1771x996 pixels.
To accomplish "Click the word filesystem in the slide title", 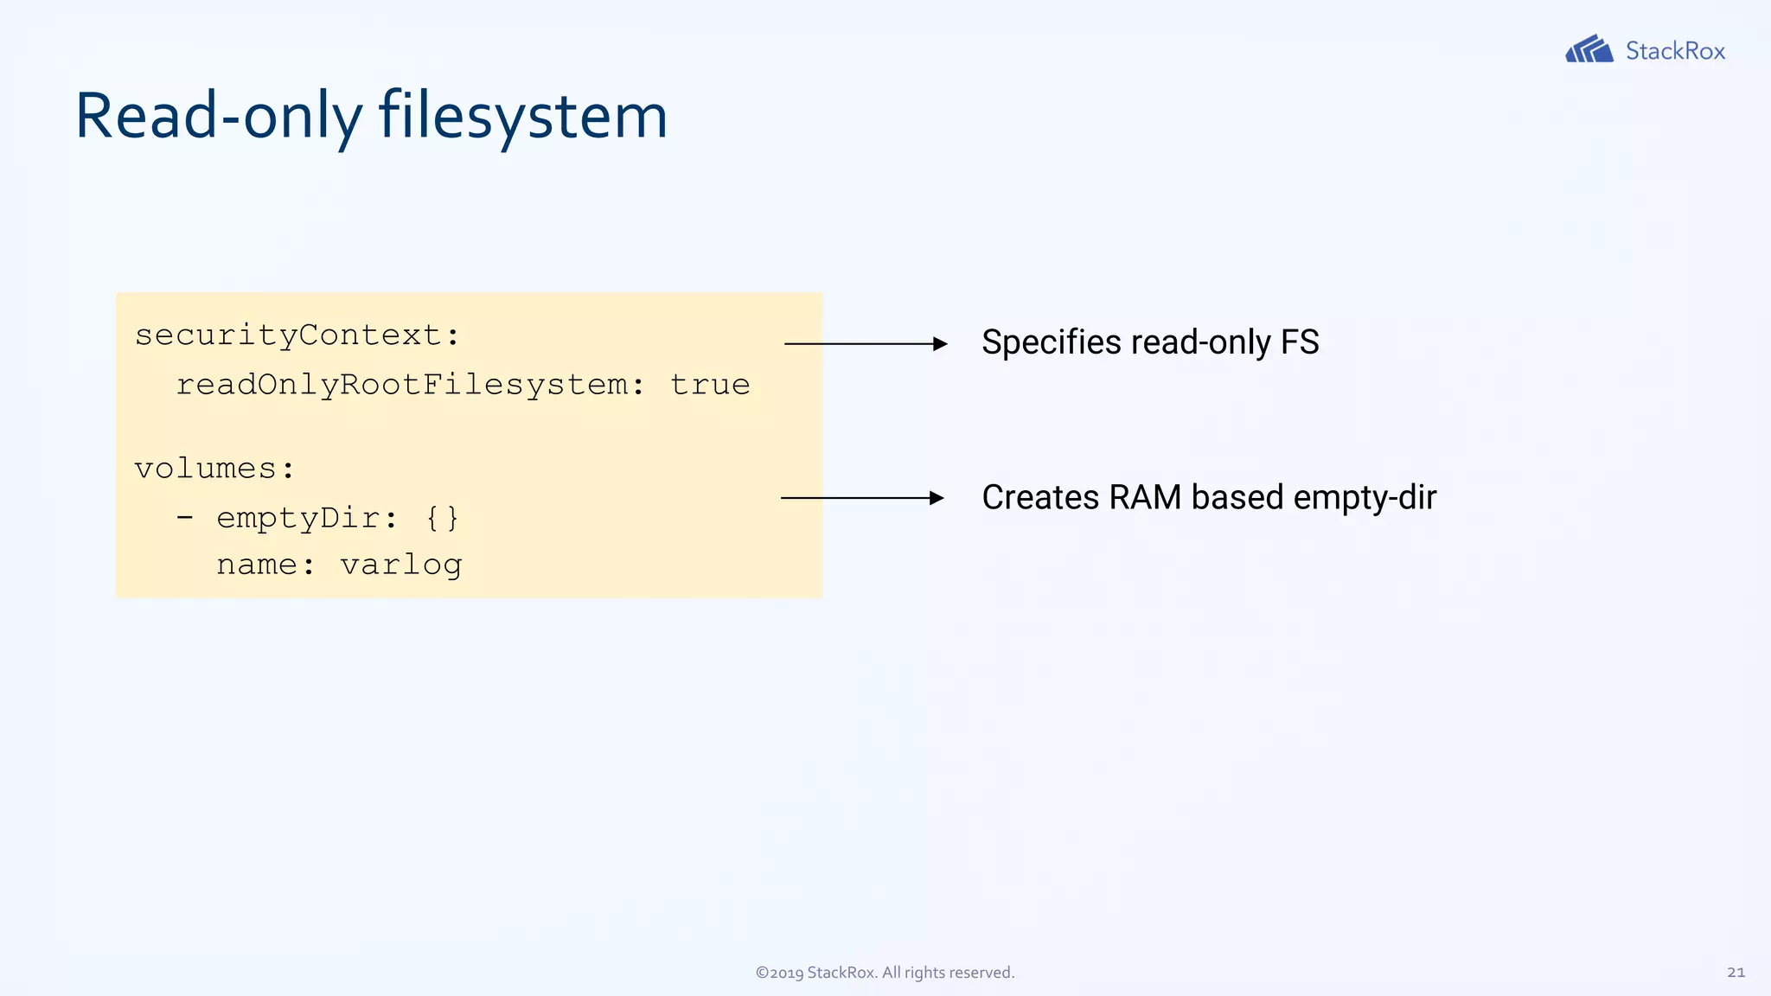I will point(523,116).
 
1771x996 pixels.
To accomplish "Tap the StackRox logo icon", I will point(1589,49).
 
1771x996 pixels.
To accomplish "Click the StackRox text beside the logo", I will point(1675,51).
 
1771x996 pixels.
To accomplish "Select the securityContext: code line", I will point(297,335).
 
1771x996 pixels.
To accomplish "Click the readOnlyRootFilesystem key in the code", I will point(402,385).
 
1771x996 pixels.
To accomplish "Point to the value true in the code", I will point(710,385).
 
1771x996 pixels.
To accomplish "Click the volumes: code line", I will point(214,469).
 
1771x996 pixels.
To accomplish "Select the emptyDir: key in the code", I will point(306,518).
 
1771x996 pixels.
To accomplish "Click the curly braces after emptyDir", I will point(442,518).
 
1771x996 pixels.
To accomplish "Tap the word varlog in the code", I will point(401,565).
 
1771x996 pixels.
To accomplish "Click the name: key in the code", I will point(265,565).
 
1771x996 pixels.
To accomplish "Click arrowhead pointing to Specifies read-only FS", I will point(941,344).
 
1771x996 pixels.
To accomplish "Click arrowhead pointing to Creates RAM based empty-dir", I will point(937,498).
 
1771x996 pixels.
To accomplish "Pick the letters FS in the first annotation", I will point(1300,342).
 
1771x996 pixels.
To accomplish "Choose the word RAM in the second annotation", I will point(1145,497).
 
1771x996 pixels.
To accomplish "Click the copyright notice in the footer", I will point(885,973).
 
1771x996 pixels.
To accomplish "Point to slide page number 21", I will point(1736,973).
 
